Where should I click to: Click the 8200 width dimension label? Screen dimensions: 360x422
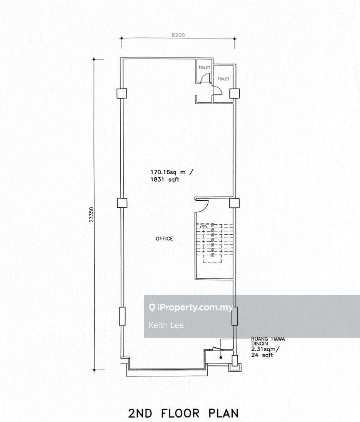point(178,35)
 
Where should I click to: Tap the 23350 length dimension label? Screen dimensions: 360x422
point(92,215)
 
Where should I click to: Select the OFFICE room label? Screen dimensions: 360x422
point(164,239)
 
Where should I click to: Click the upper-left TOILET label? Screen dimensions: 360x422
point(204,68)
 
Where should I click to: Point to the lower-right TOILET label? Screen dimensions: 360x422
point(223,79)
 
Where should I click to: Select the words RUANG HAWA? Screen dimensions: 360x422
point(268,339)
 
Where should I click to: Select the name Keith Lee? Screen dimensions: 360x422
point(166,325)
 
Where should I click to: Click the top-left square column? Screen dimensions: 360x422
point(122,93)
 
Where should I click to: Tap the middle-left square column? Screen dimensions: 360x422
point(122,203)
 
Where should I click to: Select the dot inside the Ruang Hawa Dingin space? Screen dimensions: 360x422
point(221,358)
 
